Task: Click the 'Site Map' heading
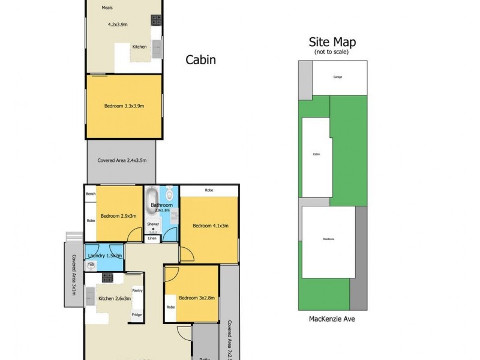332,42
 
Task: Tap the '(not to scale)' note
332,52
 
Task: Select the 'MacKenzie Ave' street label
332,319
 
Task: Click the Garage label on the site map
338,78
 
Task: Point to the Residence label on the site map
328,239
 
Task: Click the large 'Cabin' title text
200,60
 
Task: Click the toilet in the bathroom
170,194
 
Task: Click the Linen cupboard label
152,238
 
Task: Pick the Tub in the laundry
91,264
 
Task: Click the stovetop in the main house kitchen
107,277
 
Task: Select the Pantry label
137,290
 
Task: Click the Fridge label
137,314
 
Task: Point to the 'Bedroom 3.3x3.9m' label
124,106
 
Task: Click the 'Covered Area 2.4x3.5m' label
122,161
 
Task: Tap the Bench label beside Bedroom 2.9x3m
91,194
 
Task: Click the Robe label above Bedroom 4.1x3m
209,190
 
